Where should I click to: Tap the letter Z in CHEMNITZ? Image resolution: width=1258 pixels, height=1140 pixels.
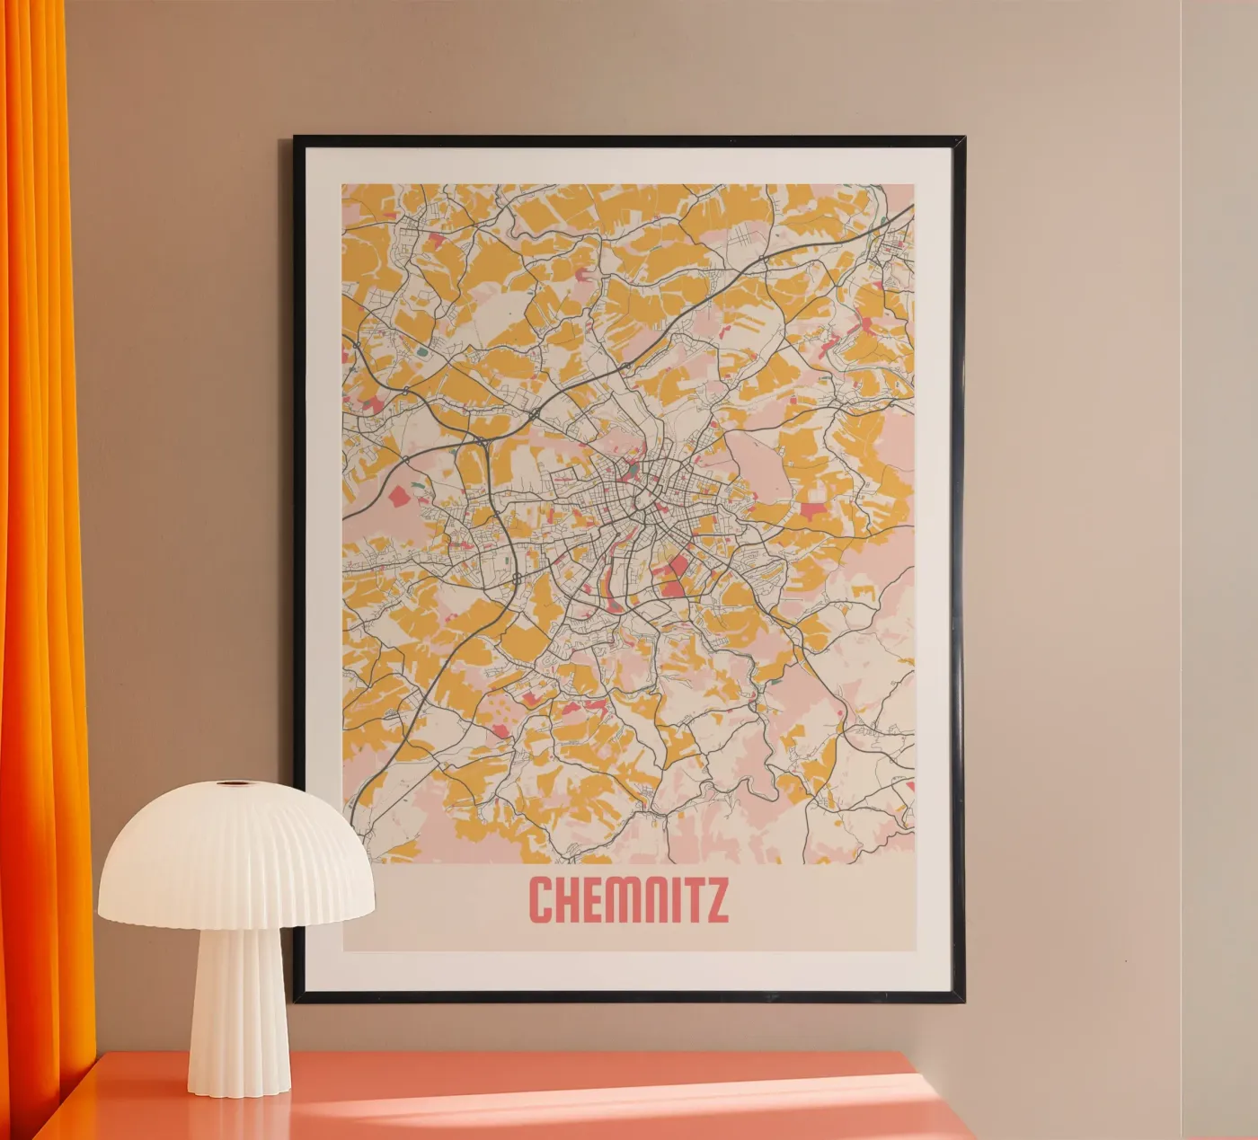tap(716, 900)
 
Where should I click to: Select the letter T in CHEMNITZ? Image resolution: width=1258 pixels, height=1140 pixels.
tap(691, 900)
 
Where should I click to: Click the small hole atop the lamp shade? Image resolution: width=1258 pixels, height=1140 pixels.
tap(237, 784)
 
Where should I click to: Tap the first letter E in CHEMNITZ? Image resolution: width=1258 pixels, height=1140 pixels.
tap(589, 900)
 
